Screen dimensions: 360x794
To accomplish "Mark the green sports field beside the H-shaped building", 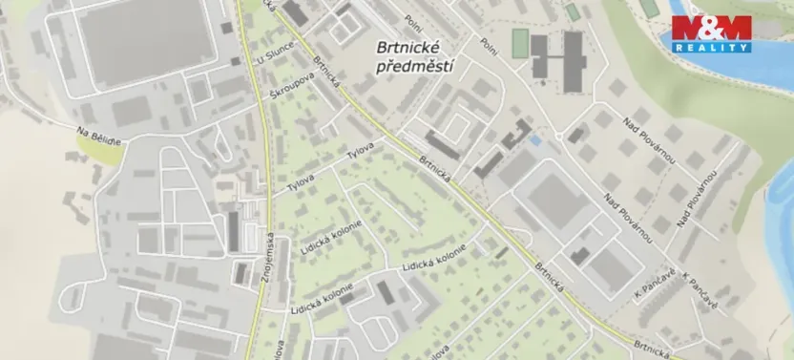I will [x=519, y=43].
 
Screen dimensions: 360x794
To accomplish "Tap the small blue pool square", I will [x=534, y=140].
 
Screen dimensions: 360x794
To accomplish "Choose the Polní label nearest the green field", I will [x=490, y=43].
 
